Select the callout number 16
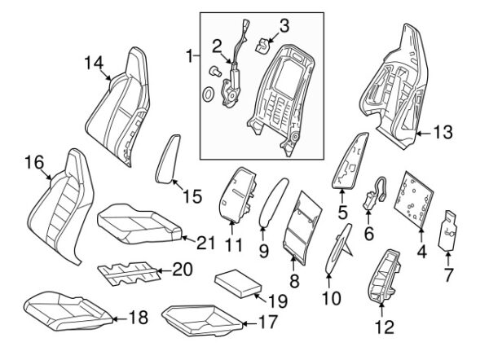click(33, 162)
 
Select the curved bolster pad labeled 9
click(271, 204)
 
